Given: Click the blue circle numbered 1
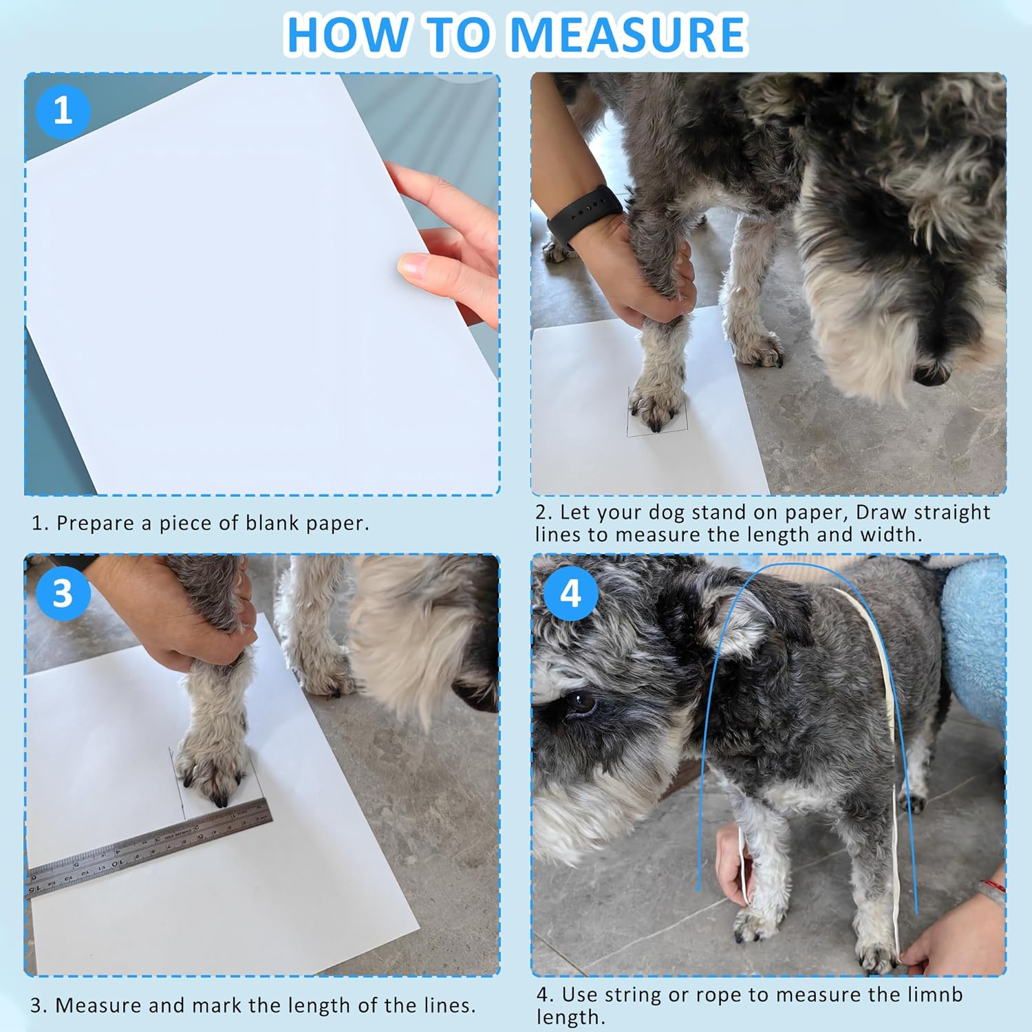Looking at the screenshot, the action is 63,111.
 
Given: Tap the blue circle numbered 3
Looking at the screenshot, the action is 63,593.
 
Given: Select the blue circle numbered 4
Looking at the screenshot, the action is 570,593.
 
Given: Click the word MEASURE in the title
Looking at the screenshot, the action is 629,34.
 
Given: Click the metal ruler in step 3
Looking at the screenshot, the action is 149,849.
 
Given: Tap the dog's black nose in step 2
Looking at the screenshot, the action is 932,373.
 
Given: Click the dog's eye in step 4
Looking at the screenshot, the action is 579,703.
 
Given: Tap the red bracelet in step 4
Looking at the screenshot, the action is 991,887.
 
